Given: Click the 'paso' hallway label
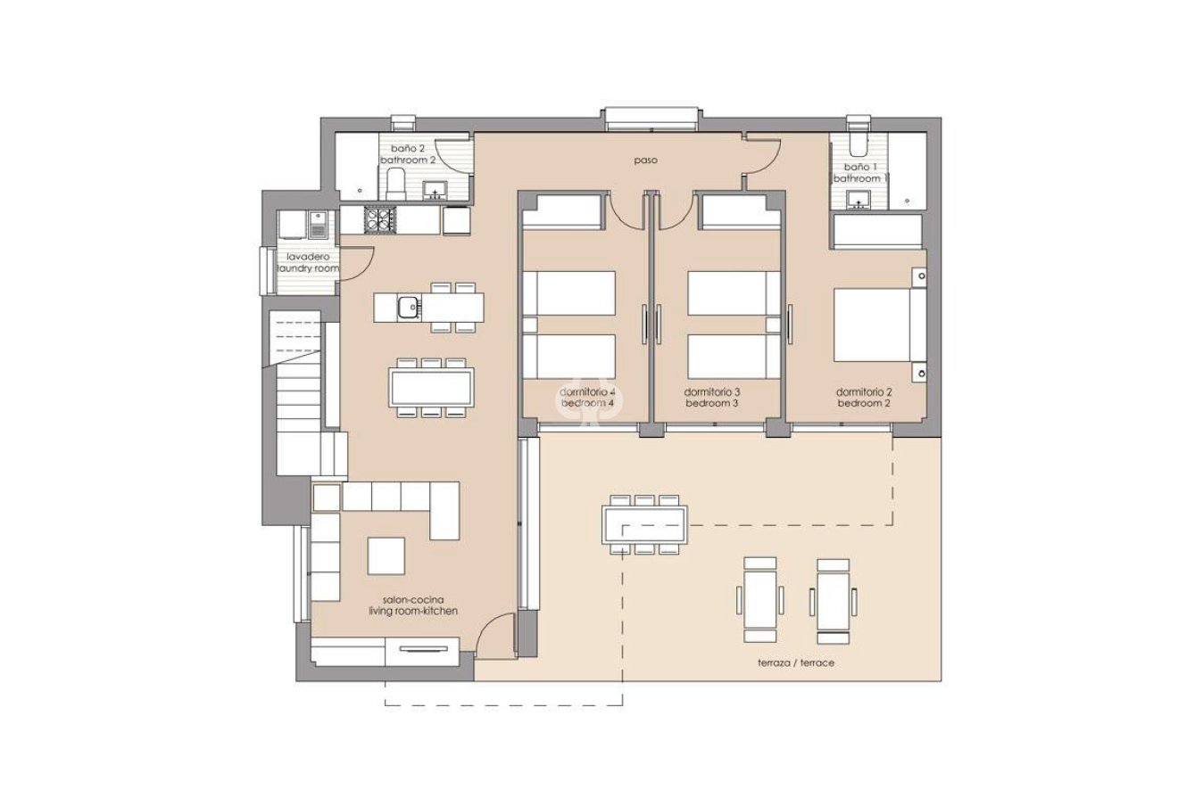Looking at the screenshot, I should tap(645, 161).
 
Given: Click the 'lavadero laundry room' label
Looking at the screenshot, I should tap(307, 262).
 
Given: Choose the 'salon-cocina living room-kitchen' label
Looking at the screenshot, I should tap(413, 605).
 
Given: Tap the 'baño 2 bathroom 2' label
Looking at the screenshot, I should tap(408, 154).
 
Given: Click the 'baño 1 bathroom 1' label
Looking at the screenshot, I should tap(859, 173).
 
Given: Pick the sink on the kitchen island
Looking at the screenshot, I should tap(410, 306).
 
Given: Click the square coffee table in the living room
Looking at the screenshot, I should tap(386, 555).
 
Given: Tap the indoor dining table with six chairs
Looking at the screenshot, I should tap(431, 387).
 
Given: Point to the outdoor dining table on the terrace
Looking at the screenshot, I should tap(645, 523).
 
